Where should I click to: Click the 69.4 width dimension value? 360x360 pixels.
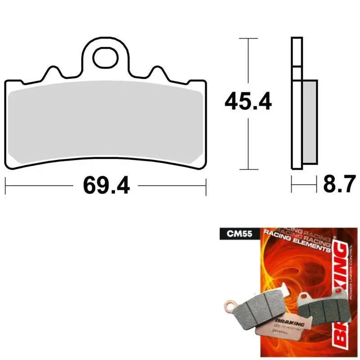tap(106, 185)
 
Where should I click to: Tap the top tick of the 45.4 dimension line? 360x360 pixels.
tap(248, 39)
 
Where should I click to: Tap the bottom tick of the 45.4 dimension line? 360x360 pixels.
tap(248, 170)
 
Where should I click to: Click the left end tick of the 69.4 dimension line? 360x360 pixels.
tap(5, 185)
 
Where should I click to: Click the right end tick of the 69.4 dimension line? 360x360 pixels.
tap(206, 185)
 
